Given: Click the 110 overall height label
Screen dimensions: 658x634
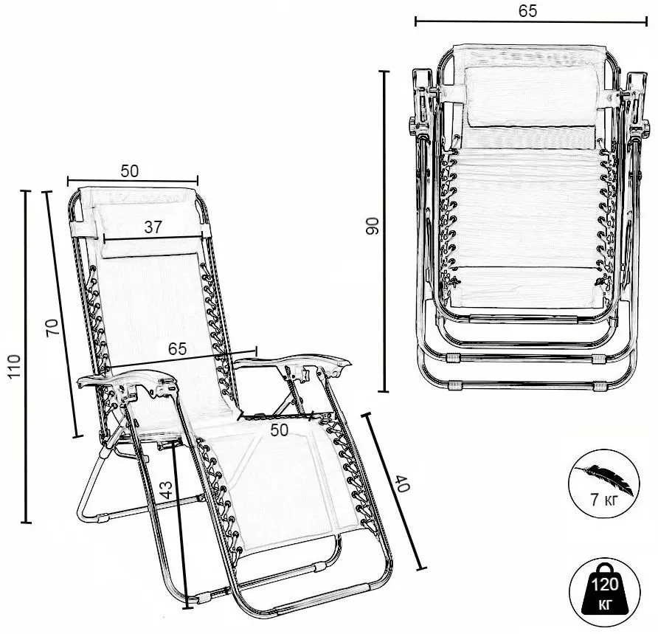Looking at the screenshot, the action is click(x=15, y=366).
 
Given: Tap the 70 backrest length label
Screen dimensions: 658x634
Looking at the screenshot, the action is click(x=52, y=328).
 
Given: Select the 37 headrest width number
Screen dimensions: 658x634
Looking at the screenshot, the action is click(x=153, y=227).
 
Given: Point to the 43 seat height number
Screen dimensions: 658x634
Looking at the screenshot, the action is click(x=167, y=489).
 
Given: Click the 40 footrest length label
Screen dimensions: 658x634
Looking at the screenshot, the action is click(x=401, y=483).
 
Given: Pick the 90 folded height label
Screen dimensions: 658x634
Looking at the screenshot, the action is click(x=373, y=226).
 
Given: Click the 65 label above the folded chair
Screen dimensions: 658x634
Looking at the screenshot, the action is click(x=527, y=11).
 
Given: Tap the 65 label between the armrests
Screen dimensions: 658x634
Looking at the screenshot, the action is click(x=177, y=349).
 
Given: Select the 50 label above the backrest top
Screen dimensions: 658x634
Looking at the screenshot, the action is click(x=130, y=171).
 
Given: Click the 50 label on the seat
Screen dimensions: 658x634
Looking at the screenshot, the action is click(x=280, y=430).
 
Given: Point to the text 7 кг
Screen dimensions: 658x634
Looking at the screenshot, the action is click(x=604, y=500).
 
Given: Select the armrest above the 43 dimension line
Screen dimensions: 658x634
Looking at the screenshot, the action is click(x=128, y=382).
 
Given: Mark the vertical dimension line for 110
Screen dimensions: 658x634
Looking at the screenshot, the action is click(x=26, y=357).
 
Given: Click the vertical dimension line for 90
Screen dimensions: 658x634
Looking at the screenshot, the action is click(x=384, y=231).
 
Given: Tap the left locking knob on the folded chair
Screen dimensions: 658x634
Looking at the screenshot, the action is click(x=412, y=126).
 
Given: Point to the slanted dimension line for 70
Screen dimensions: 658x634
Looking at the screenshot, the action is click(x=62, y=314).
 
